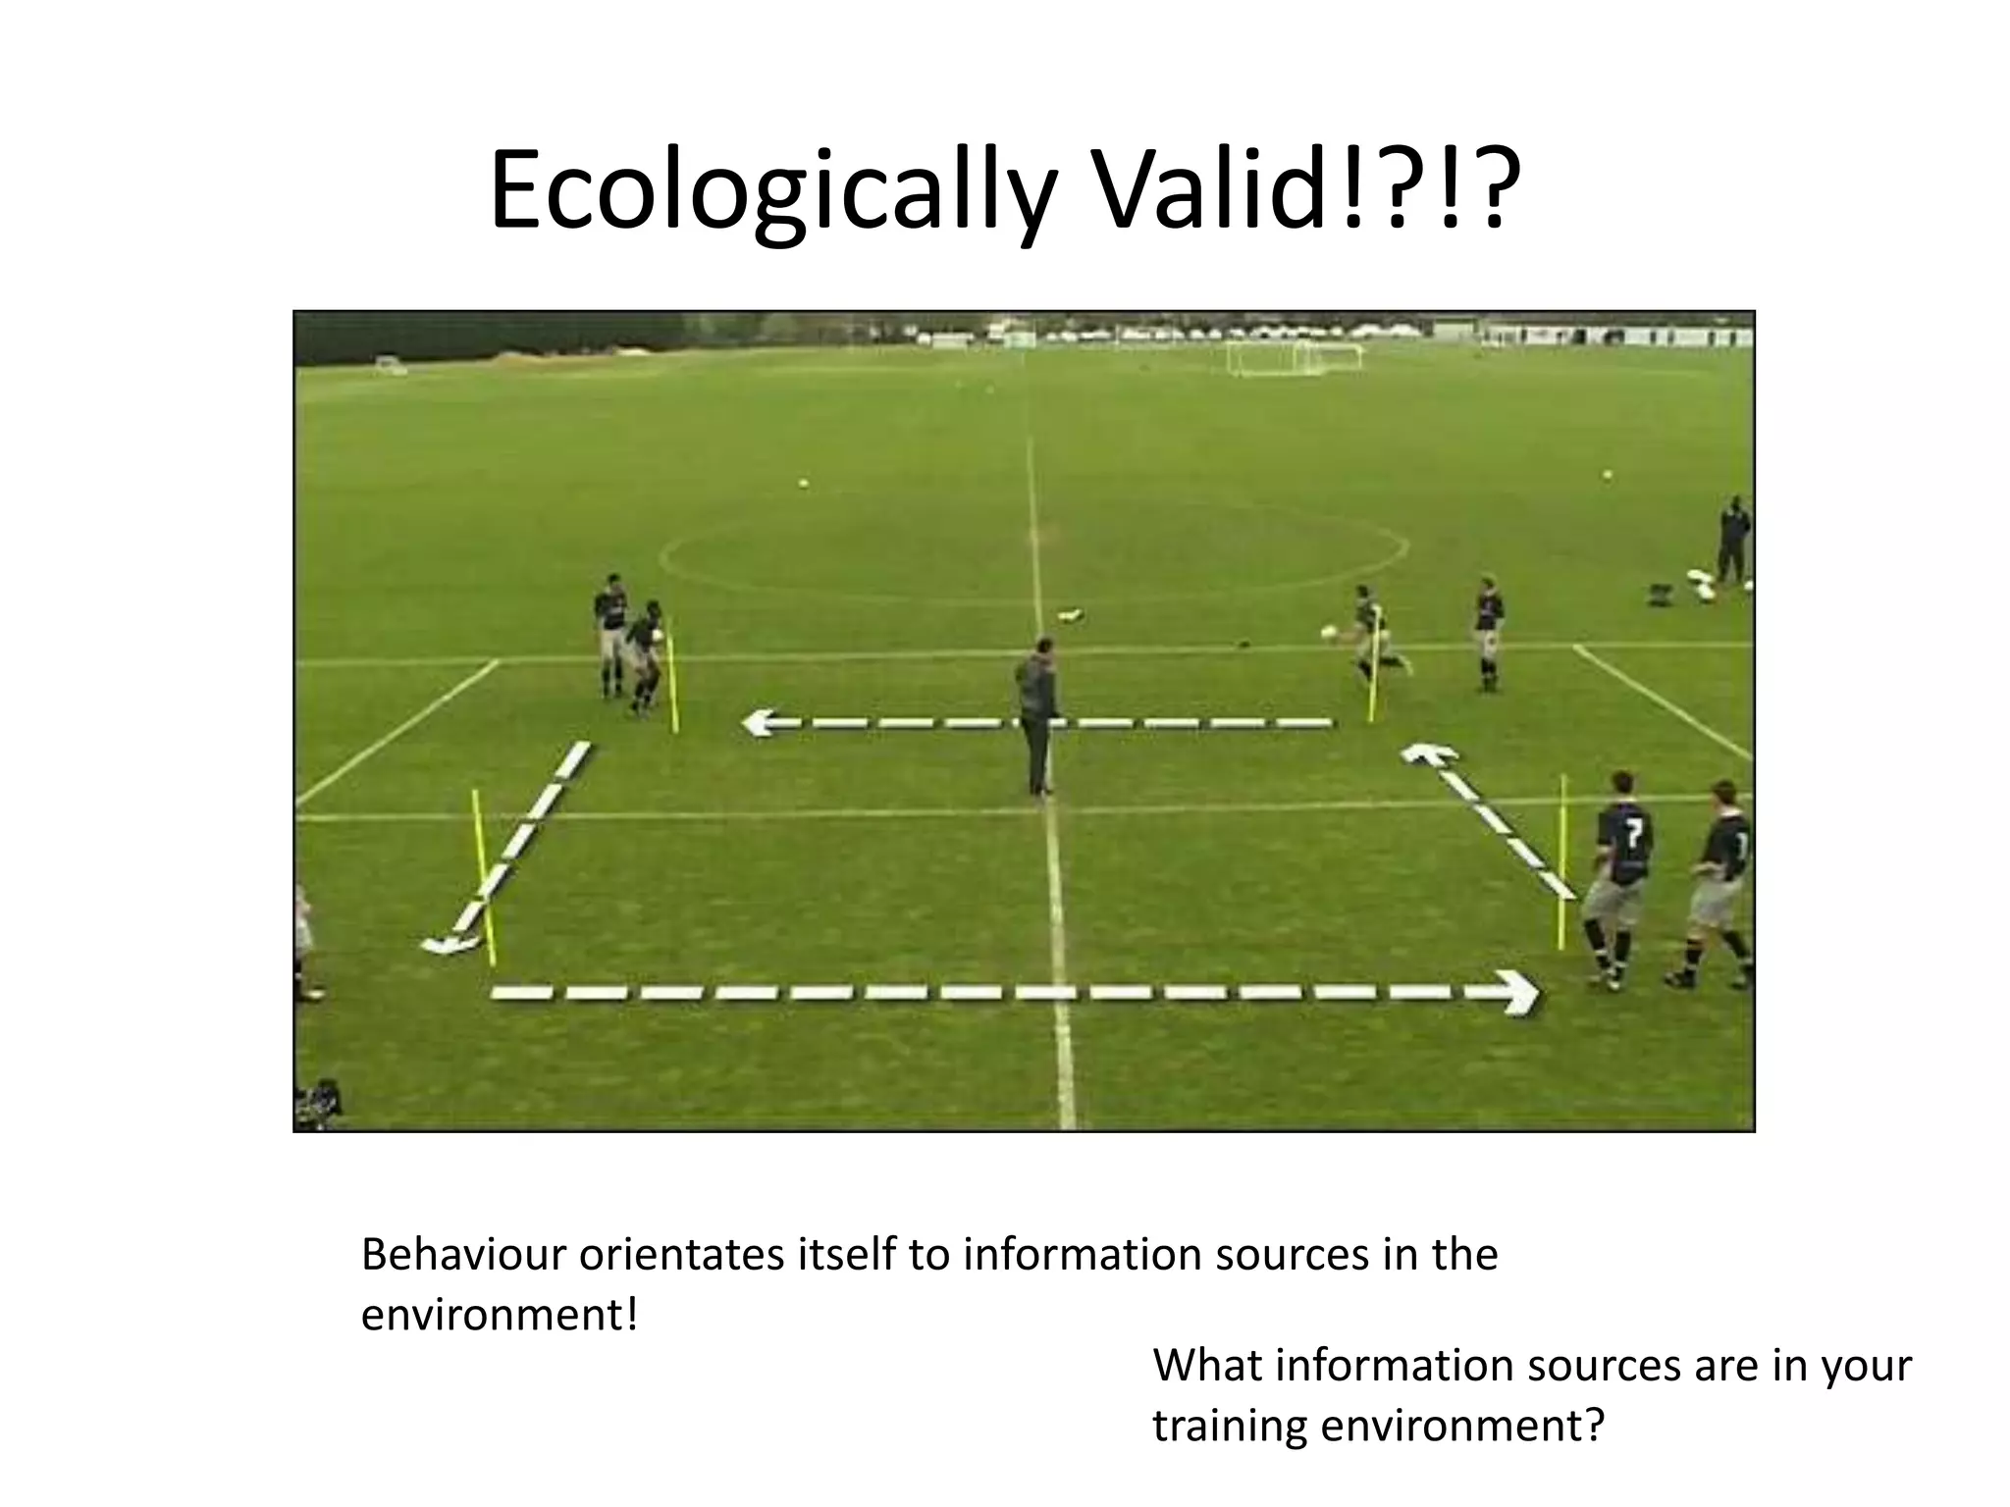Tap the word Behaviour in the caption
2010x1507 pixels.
tap(462, 1255)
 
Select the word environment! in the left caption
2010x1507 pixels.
tap(499, 1315)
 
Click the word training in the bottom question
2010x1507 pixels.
tap(1230, 1425)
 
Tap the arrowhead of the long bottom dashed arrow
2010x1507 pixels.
tap(1519, 992)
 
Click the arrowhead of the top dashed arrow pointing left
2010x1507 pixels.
tap(759, 724)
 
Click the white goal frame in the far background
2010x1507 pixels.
tap(1294, 357)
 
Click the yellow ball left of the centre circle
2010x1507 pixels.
tap(804, 484)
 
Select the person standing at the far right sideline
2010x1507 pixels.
tap(1733, 540)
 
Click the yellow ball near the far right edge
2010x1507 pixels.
tap(1608, 475)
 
